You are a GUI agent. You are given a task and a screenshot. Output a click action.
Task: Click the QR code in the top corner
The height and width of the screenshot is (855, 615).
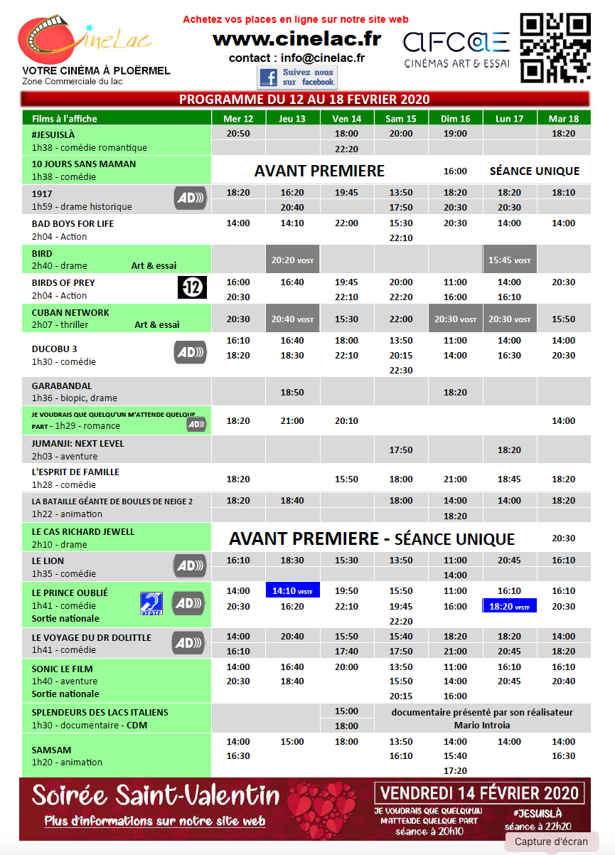tap(555, 47)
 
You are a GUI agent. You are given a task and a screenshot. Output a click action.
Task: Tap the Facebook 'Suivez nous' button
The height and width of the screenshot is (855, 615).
tap(297, 77)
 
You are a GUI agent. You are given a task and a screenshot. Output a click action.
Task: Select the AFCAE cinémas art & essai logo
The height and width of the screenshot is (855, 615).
tap(456, 48)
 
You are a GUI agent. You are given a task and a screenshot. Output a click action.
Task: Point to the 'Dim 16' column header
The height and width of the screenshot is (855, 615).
tap(455, 118)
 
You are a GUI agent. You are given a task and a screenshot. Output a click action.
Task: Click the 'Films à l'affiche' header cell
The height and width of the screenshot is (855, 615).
tap(117, 118)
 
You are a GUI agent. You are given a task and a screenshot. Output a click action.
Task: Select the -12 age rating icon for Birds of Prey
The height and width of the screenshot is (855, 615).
tap(191, 287)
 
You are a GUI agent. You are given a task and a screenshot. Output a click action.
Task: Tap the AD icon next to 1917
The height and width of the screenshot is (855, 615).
tap(190, 198)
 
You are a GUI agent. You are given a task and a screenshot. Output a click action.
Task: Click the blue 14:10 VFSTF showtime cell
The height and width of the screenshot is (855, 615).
tap(292, 590)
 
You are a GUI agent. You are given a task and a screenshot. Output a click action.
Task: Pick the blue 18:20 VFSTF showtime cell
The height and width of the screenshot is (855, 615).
tap(509, 606)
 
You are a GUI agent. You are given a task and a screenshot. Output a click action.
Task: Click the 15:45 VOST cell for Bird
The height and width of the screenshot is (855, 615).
tap(509, 260)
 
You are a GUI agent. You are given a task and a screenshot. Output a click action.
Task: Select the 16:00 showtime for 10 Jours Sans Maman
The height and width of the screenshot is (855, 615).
tap(455, 171)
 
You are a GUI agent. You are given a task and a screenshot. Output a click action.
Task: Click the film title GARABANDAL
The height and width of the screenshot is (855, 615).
tap(62, 386)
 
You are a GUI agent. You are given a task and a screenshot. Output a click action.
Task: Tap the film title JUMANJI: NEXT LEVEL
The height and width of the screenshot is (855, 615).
tap(77, 443)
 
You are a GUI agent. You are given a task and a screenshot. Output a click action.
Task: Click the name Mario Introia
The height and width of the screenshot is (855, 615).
tap(481, 726)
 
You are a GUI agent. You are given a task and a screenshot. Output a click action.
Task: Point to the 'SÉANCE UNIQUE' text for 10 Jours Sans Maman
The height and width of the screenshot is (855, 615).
tap(535, 171)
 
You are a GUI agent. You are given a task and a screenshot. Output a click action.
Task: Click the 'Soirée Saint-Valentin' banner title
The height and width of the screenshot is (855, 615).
tap(156, 795)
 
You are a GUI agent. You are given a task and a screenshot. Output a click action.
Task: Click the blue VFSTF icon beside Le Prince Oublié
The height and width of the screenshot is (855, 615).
tap(151, 603)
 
